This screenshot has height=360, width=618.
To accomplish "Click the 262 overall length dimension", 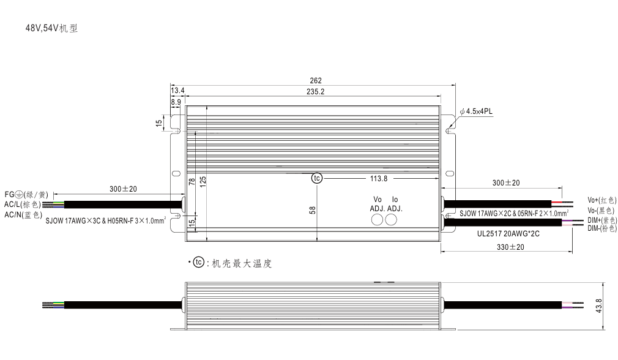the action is click(x=316, y=80).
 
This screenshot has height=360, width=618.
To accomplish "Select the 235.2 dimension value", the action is click(x=315, y=91).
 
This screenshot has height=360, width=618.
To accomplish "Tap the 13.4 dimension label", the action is click(x=177, y=90).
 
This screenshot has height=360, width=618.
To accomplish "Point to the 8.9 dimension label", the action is click(x=176, y=102).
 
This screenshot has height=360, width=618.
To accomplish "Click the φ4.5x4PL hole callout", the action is click(x=476, y=111).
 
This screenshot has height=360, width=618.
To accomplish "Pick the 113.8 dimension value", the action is click(x=379, y=179).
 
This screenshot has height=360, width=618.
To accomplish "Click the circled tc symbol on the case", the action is click(x=317, y=178).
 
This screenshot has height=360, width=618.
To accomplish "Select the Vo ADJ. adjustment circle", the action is click(x=377, y=220).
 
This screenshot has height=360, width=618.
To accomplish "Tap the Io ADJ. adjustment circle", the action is click(x=391, y=220).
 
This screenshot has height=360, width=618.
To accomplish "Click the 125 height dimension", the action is click(x=203, y=181).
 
